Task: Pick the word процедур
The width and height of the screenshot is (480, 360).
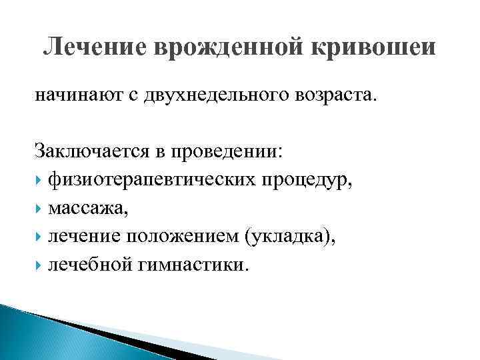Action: coord(309,180)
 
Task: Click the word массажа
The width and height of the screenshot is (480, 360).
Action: coord(87,209)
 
